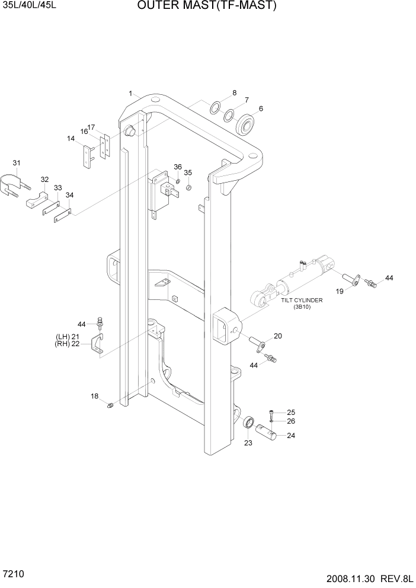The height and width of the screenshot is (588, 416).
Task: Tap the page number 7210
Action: (x=13, y=574)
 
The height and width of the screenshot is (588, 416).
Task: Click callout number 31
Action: (x=17, y=164)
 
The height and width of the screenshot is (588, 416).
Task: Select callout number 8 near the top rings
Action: (x=234, y=93)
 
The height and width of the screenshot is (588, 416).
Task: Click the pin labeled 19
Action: (x=352, y=279)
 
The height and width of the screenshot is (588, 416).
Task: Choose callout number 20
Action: (x=278, y=336)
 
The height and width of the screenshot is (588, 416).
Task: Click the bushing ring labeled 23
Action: (x=249, y=423)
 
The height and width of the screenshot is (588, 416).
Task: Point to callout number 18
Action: (x=94, y=396)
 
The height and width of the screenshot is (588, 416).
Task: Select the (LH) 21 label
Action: (x=68, y=337)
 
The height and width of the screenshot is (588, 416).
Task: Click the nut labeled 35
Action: (x=188, y=188)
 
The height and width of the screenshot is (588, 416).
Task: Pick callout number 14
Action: (x=71, y=139)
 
